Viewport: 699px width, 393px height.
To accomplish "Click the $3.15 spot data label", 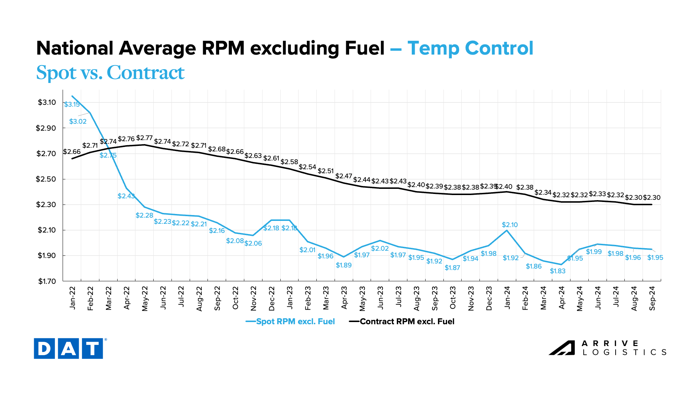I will point(72,104).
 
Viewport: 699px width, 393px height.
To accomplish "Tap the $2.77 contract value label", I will point(145,138).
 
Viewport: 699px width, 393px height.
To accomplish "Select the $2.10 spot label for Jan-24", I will point(510,225).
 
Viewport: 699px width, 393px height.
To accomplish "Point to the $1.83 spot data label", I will point(557,271).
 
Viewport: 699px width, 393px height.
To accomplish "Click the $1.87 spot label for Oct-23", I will point(452,268).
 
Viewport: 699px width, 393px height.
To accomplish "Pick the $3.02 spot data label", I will point(78,122).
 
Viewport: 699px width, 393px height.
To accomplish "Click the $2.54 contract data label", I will point(307,167).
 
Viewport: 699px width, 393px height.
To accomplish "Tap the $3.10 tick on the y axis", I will point(47,103).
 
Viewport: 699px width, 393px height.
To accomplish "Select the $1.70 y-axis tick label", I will point(47,281).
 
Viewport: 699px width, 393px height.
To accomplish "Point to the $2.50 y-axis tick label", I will point(46,179).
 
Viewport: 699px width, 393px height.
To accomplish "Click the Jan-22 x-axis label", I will point(72,298).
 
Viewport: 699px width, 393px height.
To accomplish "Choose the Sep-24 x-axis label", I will point(652,298).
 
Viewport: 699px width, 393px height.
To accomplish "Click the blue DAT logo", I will point(68,349).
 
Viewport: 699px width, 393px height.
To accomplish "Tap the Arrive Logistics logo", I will point(608,348).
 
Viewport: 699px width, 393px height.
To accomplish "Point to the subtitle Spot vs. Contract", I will point(110,72).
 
